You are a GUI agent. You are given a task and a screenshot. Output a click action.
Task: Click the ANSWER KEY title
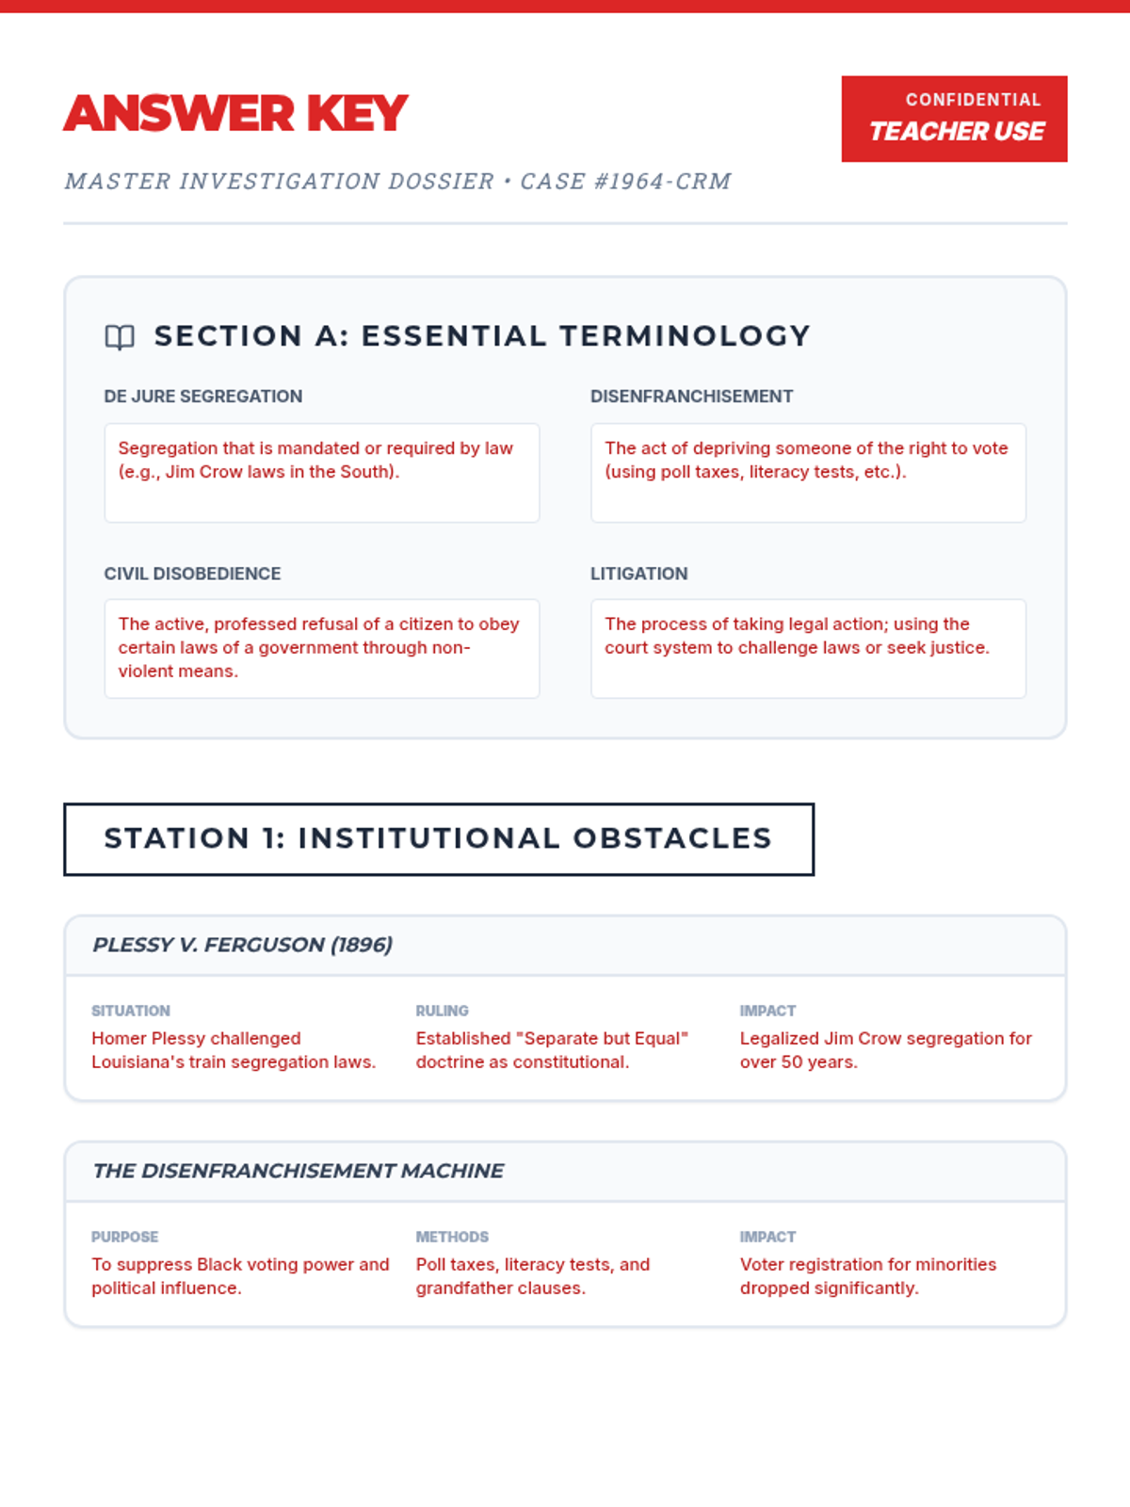(x=235, y=114)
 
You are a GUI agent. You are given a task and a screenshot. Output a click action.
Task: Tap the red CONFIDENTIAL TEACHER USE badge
(x=954, y=119)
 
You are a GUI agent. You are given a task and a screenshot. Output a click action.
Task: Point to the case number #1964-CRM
(x=663, y=181)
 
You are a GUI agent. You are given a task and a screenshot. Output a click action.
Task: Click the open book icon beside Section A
(x=120, y=337)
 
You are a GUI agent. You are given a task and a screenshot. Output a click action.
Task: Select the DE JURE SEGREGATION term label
(x=203, y=397)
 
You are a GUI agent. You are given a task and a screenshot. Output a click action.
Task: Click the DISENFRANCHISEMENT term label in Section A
(x=691, y=397)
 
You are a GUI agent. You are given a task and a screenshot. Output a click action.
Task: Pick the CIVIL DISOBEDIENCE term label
(x=192, y=574)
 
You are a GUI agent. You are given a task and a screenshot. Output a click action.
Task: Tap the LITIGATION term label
(x=638, y=574)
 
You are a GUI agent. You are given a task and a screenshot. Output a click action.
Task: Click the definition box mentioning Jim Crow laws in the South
(x=321, y=472)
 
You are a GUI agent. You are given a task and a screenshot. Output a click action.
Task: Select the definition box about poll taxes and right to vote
(x=808, y=472)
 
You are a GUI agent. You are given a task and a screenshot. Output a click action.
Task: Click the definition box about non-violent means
(x=321, y=648)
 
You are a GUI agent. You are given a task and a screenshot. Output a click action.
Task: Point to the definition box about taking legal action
(x=808, y=648)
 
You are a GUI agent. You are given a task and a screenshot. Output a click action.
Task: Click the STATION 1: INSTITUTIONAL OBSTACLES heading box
(x=439, y=839)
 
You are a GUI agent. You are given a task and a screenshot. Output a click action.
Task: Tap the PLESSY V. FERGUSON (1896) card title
(x=243, y=945)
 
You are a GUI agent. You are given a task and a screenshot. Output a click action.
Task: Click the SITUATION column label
(x=131, y=1011)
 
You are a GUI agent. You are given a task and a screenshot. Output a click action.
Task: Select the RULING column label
(x=442, y=1011)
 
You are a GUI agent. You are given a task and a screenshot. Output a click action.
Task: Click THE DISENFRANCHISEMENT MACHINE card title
(x=298, y=1171)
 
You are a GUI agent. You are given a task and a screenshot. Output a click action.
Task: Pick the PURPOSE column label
(x=124, y=1237)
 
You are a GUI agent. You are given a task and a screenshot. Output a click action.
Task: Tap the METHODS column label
(x=452, y=1237)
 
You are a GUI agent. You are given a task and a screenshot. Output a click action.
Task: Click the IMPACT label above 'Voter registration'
(x=767, y=1237)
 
